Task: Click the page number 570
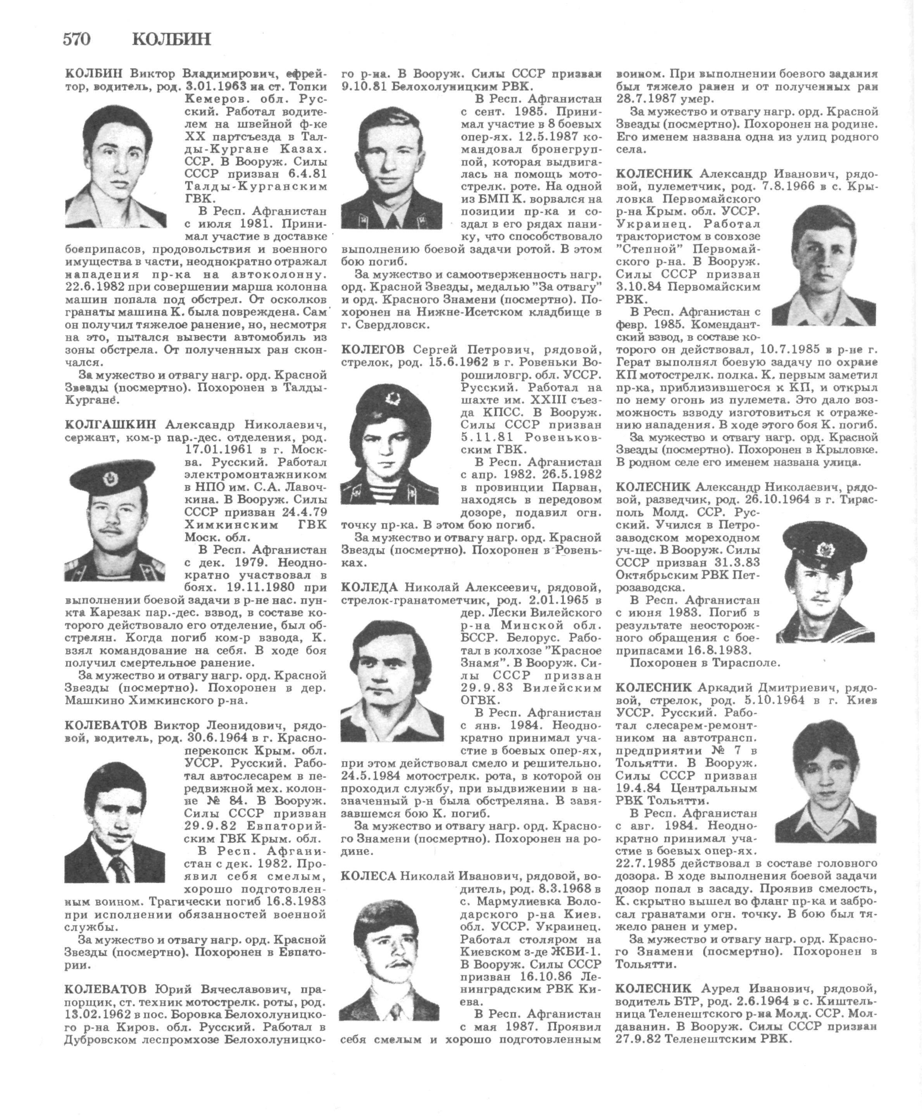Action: (77, 39)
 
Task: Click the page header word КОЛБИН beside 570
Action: (171, 39)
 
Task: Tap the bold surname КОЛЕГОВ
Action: (373, 349)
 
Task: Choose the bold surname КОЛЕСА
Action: (369, 875)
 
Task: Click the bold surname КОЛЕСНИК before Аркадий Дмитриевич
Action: (654, 687)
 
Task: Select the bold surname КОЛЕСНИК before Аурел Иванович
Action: (654, 988)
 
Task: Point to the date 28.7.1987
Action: (644, 99)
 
